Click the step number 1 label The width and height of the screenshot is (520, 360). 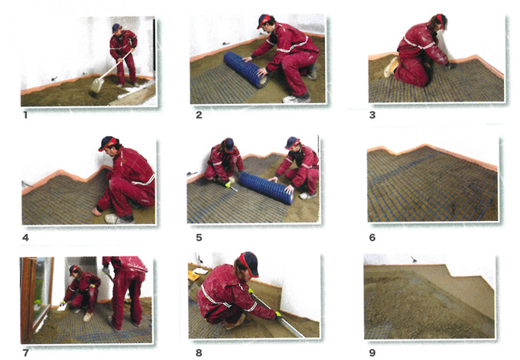point(25,115)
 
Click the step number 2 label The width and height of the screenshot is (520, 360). point(199,115)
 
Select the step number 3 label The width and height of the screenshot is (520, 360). point(372,115)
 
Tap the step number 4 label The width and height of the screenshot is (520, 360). point(25,238)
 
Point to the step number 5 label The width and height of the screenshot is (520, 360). point(199,238)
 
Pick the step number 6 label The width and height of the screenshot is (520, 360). point(372,238)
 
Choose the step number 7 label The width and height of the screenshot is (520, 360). point(25,353)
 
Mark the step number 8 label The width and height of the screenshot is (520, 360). point(199,353)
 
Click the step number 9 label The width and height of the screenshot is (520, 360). point(372,353)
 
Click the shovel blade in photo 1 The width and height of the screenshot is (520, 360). point(96,85)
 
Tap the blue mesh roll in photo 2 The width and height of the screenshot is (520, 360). point(245,69)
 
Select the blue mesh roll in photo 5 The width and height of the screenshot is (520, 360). point(266,188)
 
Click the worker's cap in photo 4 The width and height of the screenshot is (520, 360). point(107,143)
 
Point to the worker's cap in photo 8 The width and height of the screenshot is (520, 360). point(249,264)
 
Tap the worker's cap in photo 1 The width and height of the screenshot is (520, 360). point(115,28)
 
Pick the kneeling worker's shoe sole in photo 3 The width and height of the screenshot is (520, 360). point(391,67)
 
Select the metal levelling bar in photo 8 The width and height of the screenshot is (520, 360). point(277,313)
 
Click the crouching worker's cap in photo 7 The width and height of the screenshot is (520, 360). point(73,270)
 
